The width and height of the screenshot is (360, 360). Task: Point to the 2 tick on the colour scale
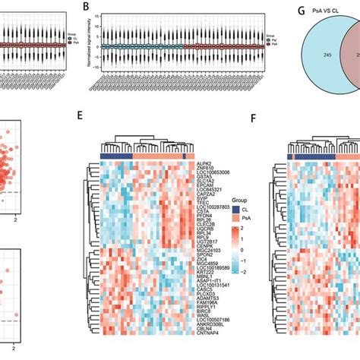pos(242,227)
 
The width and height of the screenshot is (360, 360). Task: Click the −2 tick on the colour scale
pos(243,270)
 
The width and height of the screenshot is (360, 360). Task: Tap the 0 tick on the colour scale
pos(242,248)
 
